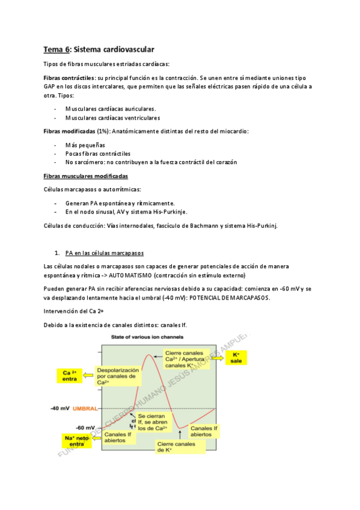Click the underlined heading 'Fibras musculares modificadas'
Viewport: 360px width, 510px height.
pyautogui.click(x=85, y=176)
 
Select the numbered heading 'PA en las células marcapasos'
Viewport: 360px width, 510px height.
pyautogui.click(x=105, y=251)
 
